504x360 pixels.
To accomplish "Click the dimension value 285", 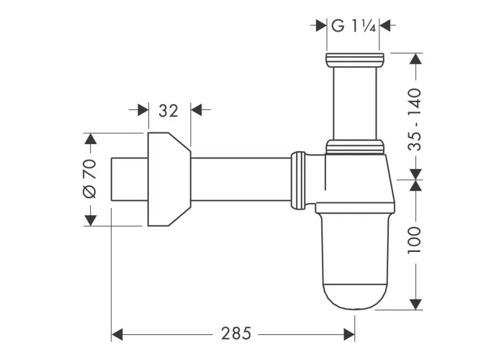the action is point(235,333).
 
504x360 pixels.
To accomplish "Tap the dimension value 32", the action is point(168,111).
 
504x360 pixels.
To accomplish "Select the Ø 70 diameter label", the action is point(90,179).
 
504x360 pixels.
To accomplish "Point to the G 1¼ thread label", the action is point(353,26).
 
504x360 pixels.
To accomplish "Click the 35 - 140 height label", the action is point(414,120).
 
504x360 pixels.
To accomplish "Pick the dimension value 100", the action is point(414,240).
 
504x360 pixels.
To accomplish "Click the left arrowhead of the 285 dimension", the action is point(117,334).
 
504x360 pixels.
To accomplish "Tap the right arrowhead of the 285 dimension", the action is point(349,334).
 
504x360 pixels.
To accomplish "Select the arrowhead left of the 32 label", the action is point(143,110).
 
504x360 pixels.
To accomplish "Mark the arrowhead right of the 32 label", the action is point(197,110).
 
